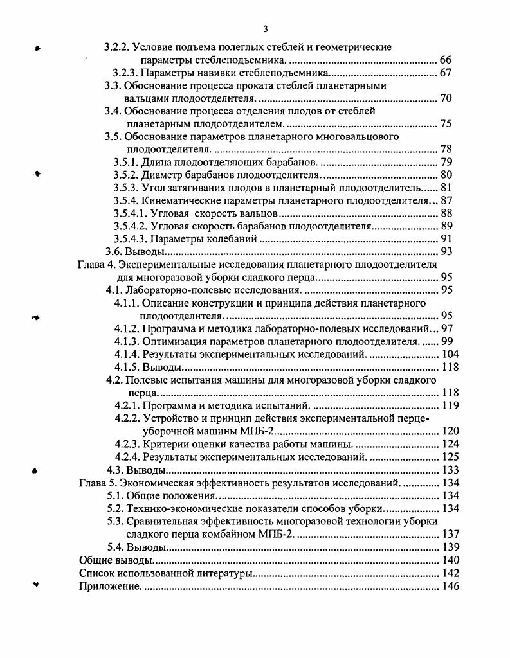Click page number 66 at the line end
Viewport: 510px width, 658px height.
446,60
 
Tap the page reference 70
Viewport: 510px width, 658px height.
446,98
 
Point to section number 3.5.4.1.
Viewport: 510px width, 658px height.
134,213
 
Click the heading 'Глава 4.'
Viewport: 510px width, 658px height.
96,265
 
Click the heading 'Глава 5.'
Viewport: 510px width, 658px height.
96,483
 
